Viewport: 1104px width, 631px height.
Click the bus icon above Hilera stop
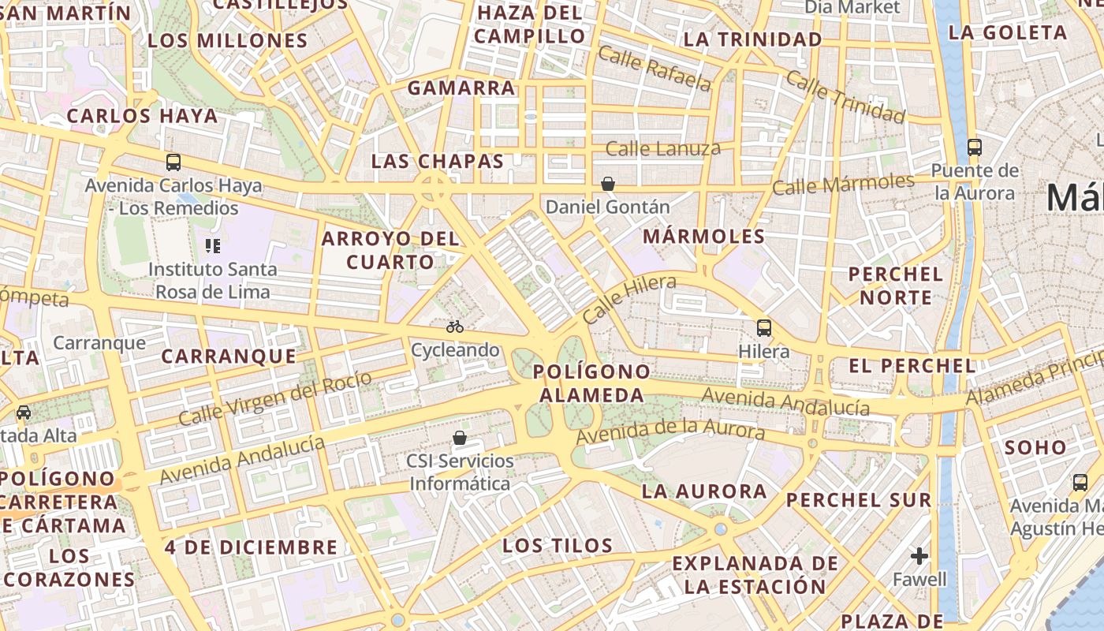pyautogui.click(x=763, y=327)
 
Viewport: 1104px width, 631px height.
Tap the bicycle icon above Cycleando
pyautogui.click(x=455, y=326)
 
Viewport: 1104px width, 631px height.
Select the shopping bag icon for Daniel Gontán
pyautogui.click(x=608, y=185)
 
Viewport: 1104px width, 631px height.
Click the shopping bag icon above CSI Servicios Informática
pyautogui.click(x=460, y=437)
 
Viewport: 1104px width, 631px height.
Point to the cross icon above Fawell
pyautogui.click(x=919, y=556)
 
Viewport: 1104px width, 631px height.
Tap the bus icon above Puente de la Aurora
pyautogui.click(x=975, y=147)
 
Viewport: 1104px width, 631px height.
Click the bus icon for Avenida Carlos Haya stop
pyautogui.click(x=173, y=162)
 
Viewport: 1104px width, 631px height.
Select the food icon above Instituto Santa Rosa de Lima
pyautogui.click(x=212, y=246)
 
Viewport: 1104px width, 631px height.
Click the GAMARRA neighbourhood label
pyautogui.click(x=461, y=88)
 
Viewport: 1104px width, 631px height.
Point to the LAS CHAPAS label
pyautogui.click(x=438, y=162)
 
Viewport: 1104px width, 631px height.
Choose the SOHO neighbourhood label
pyautogui.click(x=1035, y=447)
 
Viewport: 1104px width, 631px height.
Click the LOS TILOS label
pyautogui.click(x=558, y=545)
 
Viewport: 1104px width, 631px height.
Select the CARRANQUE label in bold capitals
pyautogui.click(x=229, y=357)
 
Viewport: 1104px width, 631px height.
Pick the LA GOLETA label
pyautogui.click(x=1008, y=32)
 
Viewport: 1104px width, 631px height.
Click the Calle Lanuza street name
pyautogui.click(x=662, y=148)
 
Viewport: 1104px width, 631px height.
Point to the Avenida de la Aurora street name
pyautogui.click(x=670, y=431)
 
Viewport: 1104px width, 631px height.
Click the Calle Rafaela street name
pyautogui.click(x=654, y=68)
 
